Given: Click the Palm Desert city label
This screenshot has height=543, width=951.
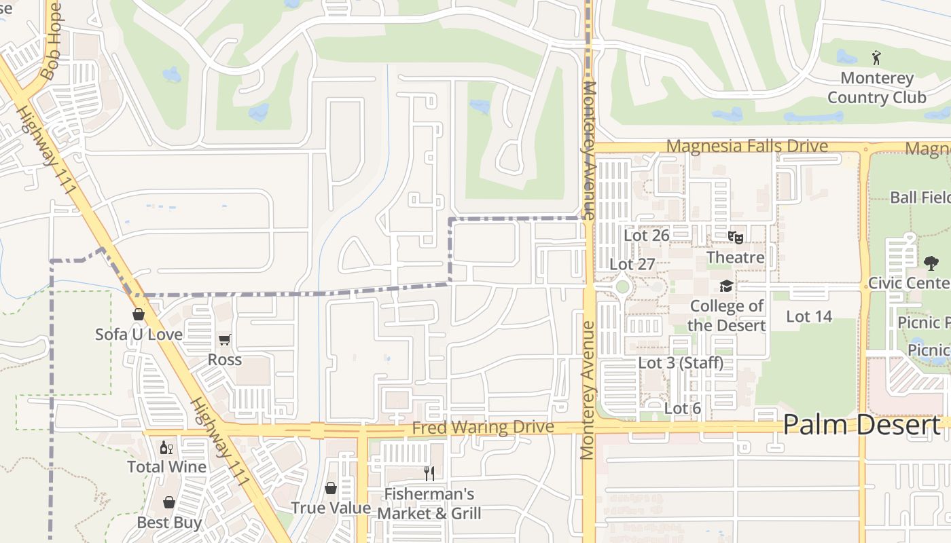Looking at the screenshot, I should tap(861, 425).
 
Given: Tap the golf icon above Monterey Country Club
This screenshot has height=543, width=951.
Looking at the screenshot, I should tap(876, 58).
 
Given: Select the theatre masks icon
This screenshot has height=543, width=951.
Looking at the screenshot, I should tap(735, 238).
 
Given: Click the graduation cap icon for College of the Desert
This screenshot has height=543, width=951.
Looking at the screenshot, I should tap(726, 286).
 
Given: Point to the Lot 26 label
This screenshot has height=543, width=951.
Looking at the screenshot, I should tap(647, 236).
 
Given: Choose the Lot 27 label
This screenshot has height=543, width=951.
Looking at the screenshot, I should tap(632, 264).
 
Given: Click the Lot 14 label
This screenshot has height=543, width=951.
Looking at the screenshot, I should tap(809, 316).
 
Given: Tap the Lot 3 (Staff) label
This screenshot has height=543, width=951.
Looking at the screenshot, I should tap(681, 363).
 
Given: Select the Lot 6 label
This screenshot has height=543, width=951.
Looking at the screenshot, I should tap(683, 409).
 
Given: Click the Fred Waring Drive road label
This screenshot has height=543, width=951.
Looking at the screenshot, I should tap(483, 428).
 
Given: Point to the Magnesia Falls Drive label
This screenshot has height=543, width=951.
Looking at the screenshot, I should tap(747, 147).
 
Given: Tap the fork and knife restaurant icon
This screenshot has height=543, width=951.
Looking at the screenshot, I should tap(429, 473).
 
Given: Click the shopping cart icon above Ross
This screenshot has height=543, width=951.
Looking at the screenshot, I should tap(225, 339).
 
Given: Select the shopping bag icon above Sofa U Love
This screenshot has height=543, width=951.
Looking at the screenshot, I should tap(139, 315).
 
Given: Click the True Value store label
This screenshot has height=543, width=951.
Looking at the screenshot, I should tap(331, 508).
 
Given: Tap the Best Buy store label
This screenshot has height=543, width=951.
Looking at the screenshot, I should tap(169, 523).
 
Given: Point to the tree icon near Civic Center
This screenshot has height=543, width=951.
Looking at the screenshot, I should tap(931, 263).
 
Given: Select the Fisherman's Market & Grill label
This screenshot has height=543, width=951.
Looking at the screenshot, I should tap(429, 504).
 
